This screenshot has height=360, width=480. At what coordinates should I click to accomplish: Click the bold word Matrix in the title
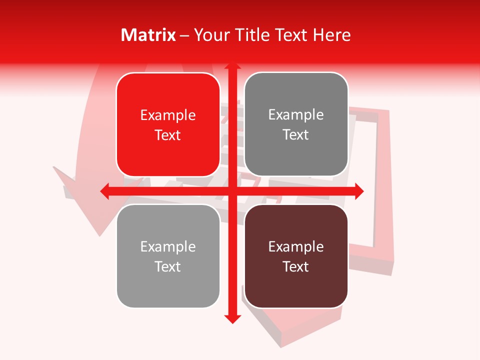pyautogui.click(x=148, y=35)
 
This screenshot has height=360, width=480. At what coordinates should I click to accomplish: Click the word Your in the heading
pyautogui.click(x=211, y=35)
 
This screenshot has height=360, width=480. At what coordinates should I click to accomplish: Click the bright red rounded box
pyautogui.click(x=168, y=125)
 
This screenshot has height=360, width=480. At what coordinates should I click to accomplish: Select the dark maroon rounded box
pyautogui.click(x=296, y=256)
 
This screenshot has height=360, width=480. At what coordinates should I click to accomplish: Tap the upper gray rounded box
pyautogui.click(x=296, y=124)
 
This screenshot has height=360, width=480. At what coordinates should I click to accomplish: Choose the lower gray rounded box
pyautogui.click(x=168, y=256)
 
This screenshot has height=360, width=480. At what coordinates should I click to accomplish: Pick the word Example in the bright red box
pyautogui.click(x=168, y=115)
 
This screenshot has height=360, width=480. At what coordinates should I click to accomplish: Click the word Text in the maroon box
pyautogui.click(x=296, y=266)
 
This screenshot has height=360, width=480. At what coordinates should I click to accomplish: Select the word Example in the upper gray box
pyautogui.click(x=296, y=115)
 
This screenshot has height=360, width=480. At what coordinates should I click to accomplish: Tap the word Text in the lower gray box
pyautogui.click(x=168, y=266)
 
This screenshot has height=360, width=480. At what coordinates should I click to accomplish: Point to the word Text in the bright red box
pyautogui.click(x=168, y=135)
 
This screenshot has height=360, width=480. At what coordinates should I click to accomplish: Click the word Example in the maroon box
pyautogui.click(x=296, y=246)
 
